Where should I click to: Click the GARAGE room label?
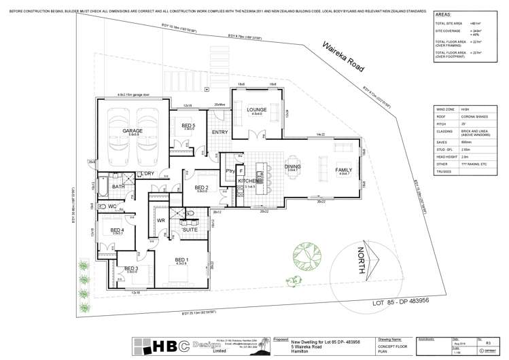coord(131,130)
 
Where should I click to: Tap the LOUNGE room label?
coord(256,109)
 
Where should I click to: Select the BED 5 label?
coord(188,125)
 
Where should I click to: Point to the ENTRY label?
coord(220,132)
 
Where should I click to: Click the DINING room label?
coord(293,166)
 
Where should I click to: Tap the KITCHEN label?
coord(247,181)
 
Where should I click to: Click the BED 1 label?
coord(181,259)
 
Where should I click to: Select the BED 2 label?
coord(201,187)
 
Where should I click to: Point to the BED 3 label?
coord(131,268)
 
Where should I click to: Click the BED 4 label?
coord(118,230)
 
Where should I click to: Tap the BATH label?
coord(118,186)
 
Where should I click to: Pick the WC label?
coord(112,206)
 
